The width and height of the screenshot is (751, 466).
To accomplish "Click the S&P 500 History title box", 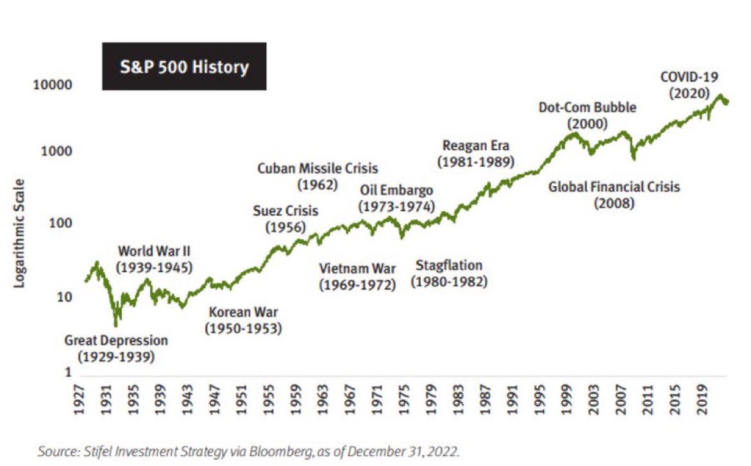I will [184, 67].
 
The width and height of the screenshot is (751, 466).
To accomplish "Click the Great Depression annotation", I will [116, 348].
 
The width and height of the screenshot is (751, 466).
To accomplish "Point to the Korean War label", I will [243, 320].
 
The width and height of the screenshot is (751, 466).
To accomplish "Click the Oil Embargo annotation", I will [396, 198].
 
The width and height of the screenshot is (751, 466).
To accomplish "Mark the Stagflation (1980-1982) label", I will [449, 273].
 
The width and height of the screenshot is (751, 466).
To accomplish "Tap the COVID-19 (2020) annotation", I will [689, 85].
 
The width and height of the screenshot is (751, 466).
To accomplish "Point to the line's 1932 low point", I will [115, 325].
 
